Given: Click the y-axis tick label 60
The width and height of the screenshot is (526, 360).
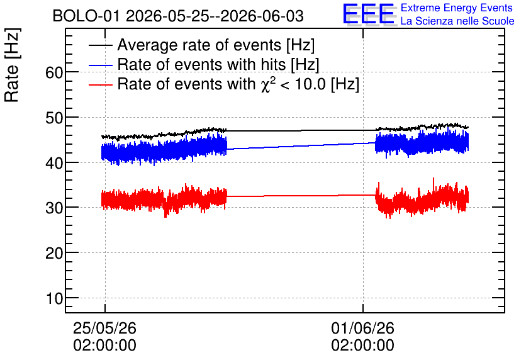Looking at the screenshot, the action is pos(54,72).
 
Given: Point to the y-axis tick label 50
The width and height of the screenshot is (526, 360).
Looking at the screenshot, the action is pos(54,118).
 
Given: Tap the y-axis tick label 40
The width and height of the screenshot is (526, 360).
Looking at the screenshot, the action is pos(54,163).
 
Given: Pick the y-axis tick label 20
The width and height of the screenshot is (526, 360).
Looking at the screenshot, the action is pos(54,253).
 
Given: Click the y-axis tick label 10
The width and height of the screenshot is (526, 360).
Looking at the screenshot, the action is pos(54,298).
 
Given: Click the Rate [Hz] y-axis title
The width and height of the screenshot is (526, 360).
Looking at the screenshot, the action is pos(12,65).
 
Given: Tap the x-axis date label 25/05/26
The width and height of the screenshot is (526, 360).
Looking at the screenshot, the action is pos(104,328).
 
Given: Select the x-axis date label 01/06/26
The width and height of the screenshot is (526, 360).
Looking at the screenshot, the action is pos(362,328).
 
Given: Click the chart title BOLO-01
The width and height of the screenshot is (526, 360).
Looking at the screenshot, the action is pos(86,16).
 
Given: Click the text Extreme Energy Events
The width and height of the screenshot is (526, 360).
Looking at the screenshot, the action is pos(457,8).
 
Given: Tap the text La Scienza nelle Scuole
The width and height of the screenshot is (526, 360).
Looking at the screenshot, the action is pos(457,21).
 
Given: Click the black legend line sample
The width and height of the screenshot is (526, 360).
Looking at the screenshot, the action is pos(101,45).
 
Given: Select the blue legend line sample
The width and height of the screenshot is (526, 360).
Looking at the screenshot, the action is pos(101,65).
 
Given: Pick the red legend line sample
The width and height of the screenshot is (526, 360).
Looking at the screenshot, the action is pos(101,84).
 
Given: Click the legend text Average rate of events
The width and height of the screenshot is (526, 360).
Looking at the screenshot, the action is pos(199,45).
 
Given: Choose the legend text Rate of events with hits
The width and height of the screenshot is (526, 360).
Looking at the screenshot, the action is pos(201,64).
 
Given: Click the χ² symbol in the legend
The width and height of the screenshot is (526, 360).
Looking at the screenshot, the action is pos(266,84).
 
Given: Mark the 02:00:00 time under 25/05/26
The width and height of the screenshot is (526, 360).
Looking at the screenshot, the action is pos(104,346).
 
